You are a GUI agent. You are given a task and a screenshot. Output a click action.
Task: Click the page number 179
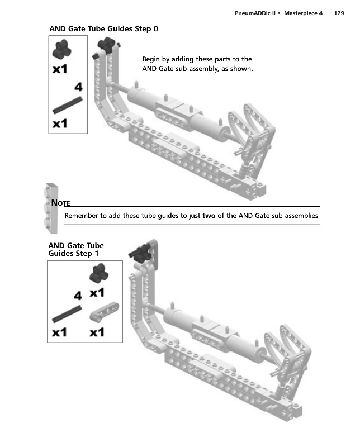(339, 13)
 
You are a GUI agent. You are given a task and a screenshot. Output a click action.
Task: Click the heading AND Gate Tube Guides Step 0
(103, 29)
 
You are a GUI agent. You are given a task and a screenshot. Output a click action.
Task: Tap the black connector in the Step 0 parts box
(61, 49)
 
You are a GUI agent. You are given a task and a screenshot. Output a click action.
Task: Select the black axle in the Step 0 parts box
(68, 105)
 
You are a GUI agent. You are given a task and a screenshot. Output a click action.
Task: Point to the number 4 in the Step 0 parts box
(78, 87)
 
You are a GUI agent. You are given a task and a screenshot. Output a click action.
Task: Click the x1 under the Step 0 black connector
(60, 69)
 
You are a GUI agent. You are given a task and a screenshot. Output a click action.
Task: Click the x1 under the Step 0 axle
(60, 123)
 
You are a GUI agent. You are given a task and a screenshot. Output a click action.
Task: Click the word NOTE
(60, 203)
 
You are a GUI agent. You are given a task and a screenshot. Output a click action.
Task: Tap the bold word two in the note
(209, 216)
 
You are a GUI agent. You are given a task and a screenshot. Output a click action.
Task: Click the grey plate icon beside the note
(51, 208)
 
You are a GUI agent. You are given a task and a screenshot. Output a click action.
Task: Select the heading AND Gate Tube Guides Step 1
(76, 249)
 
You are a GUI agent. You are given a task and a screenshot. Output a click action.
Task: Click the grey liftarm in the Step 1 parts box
(105, 312)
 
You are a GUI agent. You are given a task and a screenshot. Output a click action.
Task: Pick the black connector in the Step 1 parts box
(99, 273)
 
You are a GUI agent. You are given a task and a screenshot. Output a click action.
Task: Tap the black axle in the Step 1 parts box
(67, 314)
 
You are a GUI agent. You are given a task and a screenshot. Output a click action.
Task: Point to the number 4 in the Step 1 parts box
(78, 296)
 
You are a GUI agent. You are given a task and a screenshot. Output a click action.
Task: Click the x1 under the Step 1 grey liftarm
(97, 332)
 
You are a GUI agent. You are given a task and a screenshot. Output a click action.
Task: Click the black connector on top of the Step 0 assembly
(107, 45)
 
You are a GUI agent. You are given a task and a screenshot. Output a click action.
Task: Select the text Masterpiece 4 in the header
(303, 13)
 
